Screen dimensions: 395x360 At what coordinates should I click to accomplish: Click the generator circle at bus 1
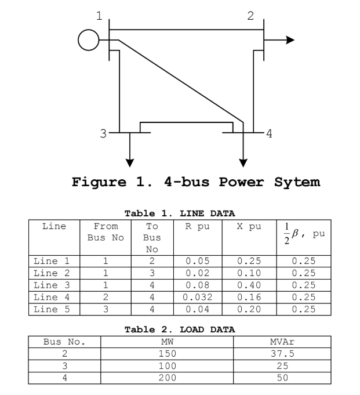[x=89, y=40]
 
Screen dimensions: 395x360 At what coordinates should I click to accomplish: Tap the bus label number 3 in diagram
[x=103, y=133]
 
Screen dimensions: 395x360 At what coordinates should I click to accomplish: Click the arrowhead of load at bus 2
[x=290, y=40]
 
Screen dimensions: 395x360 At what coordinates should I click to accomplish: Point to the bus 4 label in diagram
[x=268, y=133]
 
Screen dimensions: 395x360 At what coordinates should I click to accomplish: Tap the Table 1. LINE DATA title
[x=180, y=213]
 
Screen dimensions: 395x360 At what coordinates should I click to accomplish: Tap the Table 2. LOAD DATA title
[x=180, y=329]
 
